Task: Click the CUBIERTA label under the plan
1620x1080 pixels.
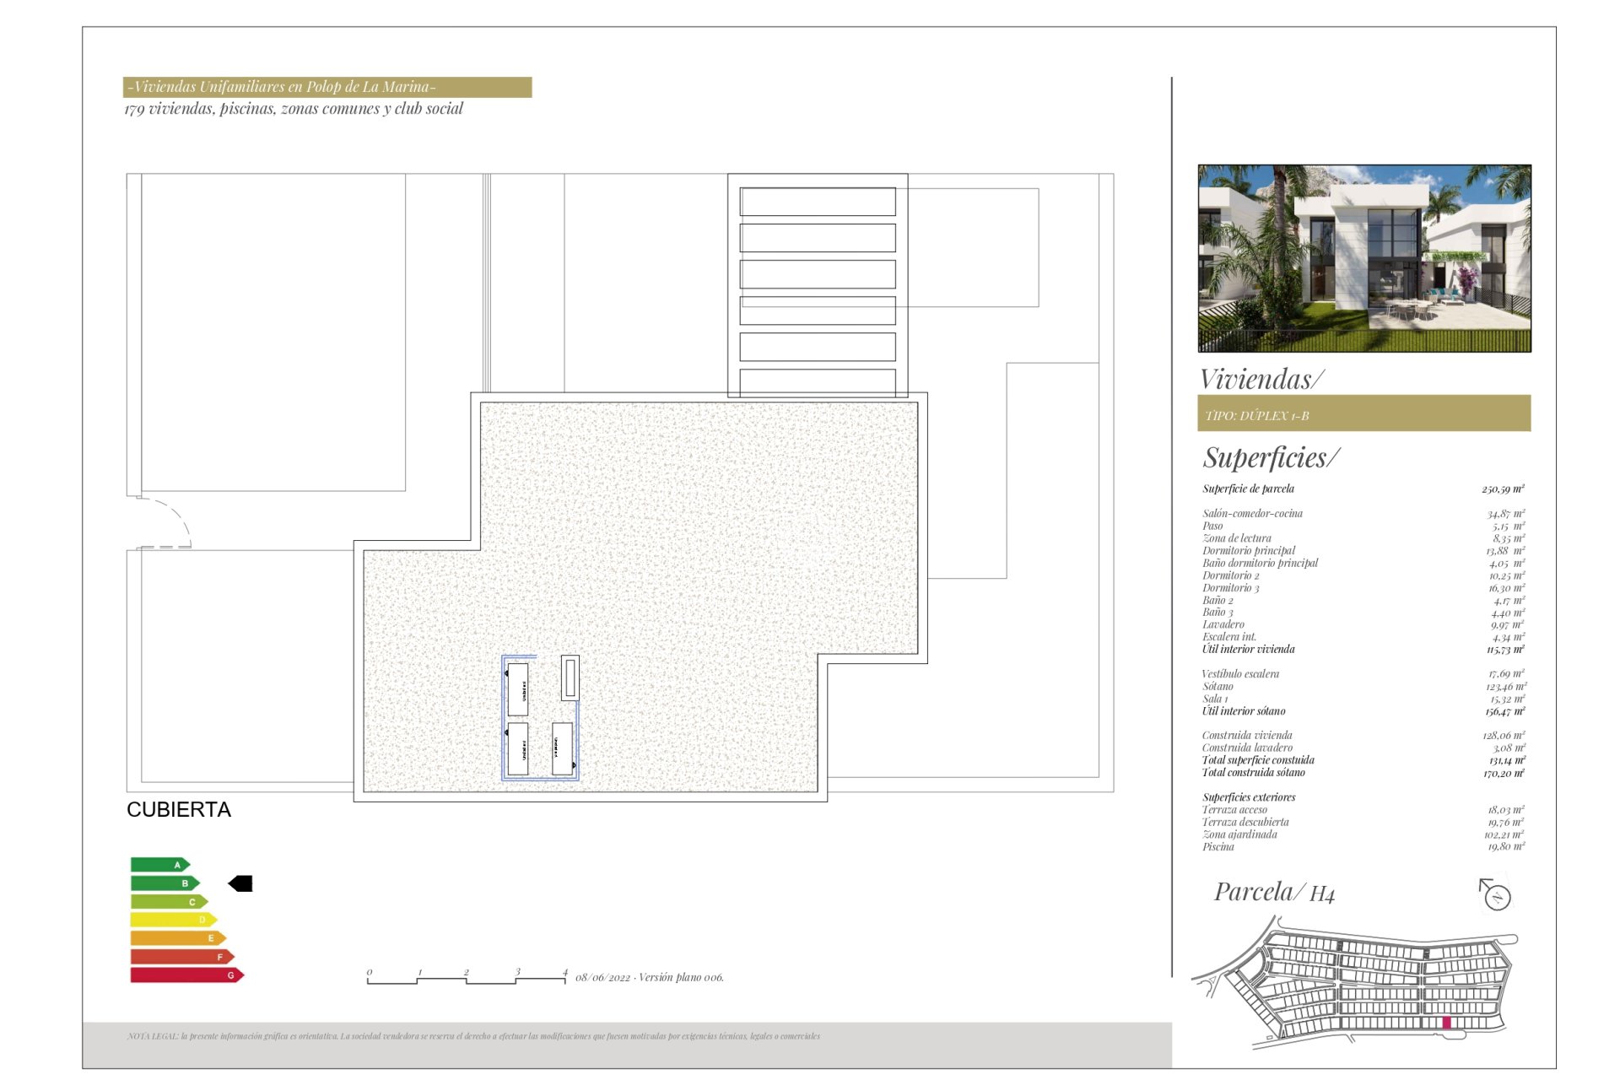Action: (x=178, y=810)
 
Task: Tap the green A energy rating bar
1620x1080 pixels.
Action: (x=159, y=865)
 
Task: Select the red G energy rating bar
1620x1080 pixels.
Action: (x=186, y=975)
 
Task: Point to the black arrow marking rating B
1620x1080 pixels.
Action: (x=240, y=883)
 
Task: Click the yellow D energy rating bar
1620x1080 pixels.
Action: (x=173, y=920)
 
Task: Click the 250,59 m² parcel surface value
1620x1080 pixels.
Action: (x=1503, y=489)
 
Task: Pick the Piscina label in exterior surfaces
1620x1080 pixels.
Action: (x=1218, y=847)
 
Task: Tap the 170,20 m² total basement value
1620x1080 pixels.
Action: (x=1504, y=773)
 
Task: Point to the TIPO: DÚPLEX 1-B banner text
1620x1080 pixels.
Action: (x=1257, y=416)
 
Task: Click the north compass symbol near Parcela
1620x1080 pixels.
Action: (x=1496, y=895)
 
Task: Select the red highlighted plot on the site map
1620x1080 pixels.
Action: (x=1446, y=1023)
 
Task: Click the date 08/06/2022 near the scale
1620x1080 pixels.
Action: (x=602, y=978)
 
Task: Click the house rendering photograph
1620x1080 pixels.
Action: (x=1363, y=258)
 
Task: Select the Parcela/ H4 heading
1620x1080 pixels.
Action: (x=1274, y=893)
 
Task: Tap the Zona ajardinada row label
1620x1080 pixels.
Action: (x=1239, y=834)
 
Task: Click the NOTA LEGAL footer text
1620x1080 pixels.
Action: (x=473, y=1036)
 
